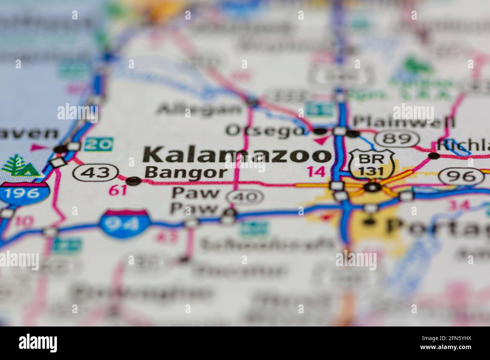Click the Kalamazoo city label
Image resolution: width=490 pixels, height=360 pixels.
click(x=237, y=155)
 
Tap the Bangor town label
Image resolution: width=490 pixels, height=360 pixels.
click(x=186, y=173)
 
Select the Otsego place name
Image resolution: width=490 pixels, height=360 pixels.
click(x=265, y=131)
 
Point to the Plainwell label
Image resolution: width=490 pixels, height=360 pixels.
click(x=403, y=122)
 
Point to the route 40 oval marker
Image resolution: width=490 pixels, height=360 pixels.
click(x=245, y=197)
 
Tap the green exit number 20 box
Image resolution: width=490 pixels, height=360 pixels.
click(x=98, y=144)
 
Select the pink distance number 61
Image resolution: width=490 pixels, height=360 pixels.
click(x=117, y=191)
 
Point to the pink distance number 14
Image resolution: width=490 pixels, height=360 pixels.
click(x=315, y=172)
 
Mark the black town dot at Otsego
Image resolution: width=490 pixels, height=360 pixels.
click(x=320, y=132)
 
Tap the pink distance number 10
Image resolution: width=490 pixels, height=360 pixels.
click(x=24, y=222)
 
